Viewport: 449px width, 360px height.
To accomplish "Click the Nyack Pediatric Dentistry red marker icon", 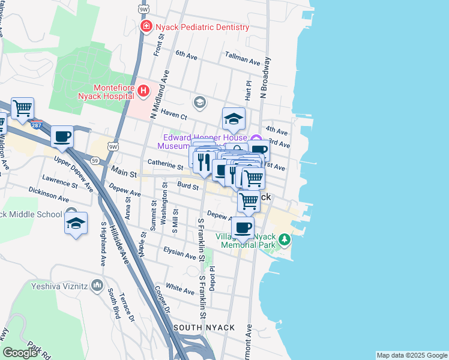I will [x=145, y=27].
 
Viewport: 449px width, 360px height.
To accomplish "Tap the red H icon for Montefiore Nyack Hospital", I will [x=143, y=91].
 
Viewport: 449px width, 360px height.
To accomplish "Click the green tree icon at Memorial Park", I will [x=285, y=241].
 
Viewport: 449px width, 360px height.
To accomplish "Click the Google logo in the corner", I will [x=20, y=353].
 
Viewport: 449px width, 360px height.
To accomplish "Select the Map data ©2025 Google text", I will [x=411, y=355].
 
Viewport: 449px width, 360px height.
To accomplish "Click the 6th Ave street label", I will [x=186, y=56].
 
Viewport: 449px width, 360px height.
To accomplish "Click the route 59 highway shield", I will [x=95, y=160].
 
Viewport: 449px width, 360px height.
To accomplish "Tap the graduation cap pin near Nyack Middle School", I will [x=76, y=224].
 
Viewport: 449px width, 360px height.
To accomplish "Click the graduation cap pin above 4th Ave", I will [x=234, y=119].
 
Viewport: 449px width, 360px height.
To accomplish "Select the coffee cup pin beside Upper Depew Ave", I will [x=62, y=136].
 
